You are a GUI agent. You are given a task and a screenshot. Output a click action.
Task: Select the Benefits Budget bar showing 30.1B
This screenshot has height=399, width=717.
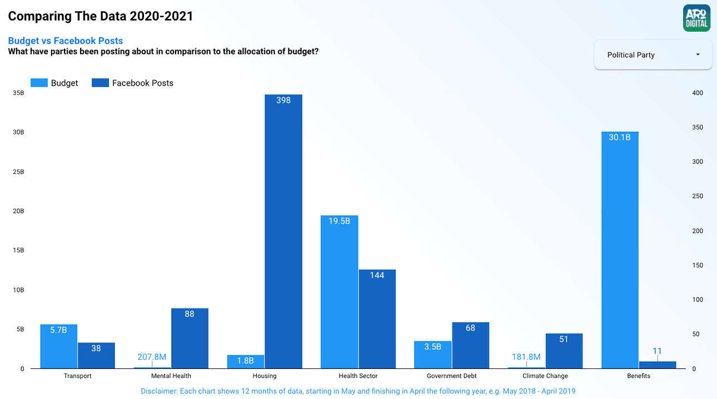coord(620,250)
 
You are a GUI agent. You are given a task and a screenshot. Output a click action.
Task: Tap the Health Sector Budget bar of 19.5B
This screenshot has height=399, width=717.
coord(340,292)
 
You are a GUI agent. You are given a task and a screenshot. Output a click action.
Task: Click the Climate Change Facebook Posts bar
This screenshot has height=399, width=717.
coord(564,351)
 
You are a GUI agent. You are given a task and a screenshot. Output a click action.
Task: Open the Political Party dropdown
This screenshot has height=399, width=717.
coord(653,55)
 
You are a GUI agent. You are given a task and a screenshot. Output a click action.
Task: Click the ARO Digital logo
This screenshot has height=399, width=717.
coord(696,18)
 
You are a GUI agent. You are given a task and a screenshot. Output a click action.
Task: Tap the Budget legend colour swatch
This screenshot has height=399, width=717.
coord(39,83)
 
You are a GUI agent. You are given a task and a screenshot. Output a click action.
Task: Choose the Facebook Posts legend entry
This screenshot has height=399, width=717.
coord(143,83)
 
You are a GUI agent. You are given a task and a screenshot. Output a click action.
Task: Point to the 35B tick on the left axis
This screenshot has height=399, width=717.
coord(18,93)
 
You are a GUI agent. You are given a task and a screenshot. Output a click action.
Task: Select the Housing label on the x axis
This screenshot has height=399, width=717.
coord(265,376)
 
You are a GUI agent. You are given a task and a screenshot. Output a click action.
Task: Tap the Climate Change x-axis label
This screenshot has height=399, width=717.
coord(545,376)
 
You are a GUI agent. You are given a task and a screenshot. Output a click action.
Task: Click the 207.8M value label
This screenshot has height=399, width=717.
coord(152,357)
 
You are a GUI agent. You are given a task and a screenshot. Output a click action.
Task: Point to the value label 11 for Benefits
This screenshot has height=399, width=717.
coord(658,351)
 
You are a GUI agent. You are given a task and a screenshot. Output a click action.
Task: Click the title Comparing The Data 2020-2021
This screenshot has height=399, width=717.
coord(101,16)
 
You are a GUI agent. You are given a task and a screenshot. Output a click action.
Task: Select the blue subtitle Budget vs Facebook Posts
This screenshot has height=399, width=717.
coord(66,41)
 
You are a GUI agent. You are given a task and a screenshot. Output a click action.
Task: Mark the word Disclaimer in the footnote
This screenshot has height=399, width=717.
coord(158,391)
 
